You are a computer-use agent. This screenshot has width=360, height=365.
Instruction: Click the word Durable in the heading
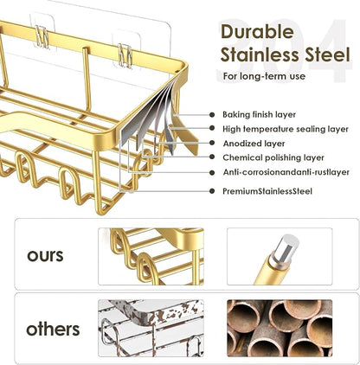pyautogui.click(x=257, y=32)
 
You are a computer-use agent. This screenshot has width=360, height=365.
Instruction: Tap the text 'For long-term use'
pyautogui.click(x=264, y=76)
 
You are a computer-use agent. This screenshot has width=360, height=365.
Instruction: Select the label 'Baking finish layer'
pyautogui.click(x=259, y=115)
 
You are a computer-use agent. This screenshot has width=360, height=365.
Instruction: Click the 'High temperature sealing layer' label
pyautogui.click(x=286, y=129)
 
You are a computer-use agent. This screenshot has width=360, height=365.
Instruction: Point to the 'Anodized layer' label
pyautogui.click(x=254, y=144)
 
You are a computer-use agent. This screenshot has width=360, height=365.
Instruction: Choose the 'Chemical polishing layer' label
pyautogui.click(x=273, y=157)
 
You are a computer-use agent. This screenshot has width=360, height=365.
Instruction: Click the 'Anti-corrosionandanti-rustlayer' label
pyautogui.click(x=286, y=172)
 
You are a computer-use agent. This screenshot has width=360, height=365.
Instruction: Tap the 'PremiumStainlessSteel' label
pyautogui.click(x=267, y=191)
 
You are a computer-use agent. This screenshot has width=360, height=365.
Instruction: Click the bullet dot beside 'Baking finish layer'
pyautogui.click(x=212, y=115)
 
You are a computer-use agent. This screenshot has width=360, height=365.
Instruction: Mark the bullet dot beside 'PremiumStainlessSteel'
pyautogui.click(x=212, y=191)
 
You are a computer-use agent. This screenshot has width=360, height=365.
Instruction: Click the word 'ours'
pyautogui.click(x=45, y=256)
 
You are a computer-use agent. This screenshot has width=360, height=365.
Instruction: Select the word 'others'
pyautogui.click(x=53, y=329)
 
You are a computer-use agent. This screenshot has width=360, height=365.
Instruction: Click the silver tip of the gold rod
pyautogui.click(x=286, y=247)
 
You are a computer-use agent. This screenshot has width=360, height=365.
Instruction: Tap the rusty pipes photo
pyautogui.click(x=280, y=328)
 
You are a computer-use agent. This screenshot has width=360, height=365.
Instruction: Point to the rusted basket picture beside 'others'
pyautogui.click(x=151, y=328)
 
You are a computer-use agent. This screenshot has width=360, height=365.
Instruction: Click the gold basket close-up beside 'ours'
pyautogui.click(x=151, y=257)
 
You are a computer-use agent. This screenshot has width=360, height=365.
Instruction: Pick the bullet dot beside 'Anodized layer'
pyautogui.click(x=212, y=143)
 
